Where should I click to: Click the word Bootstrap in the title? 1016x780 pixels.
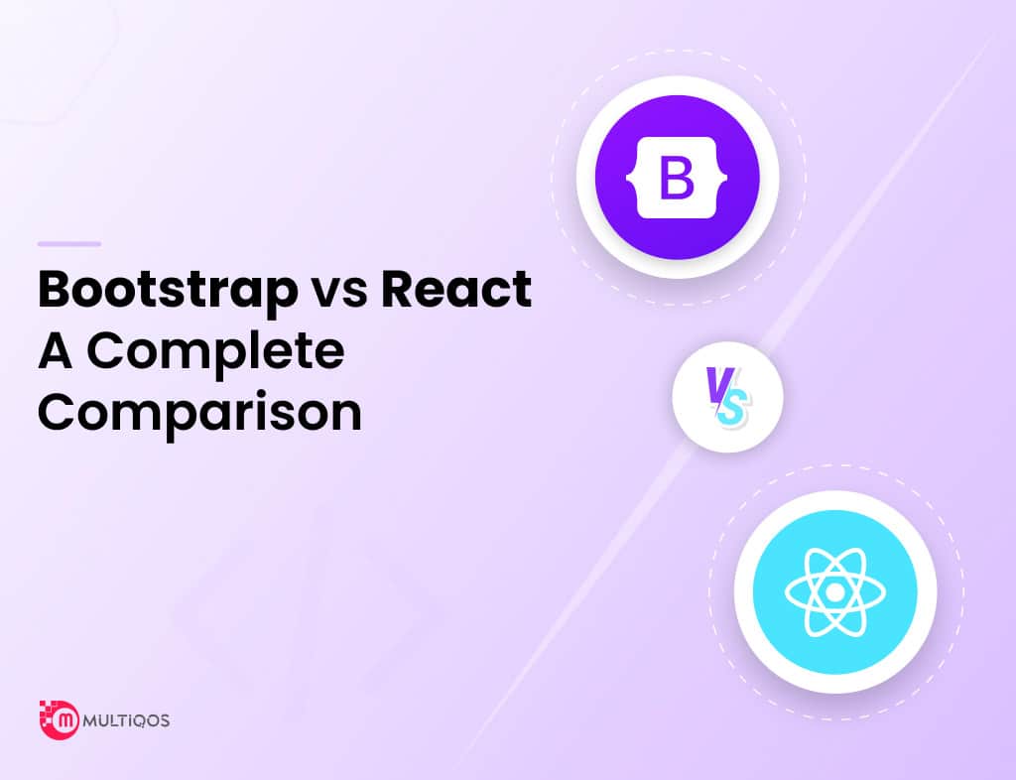168,291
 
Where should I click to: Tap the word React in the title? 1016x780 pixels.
456,289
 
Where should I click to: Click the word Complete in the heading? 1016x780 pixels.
215,353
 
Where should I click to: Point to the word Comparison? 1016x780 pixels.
199,415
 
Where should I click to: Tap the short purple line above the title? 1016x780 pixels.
69,243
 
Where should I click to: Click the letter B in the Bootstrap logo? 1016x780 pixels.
677,177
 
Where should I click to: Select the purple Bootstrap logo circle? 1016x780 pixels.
677,177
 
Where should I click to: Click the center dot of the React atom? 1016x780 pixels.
835,592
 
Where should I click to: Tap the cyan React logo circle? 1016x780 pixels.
835,592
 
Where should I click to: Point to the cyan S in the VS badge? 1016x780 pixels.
733,408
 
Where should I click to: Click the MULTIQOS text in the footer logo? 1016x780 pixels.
126,721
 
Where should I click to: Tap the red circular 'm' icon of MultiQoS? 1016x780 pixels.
64,721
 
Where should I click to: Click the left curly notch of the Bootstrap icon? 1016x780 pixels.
630,177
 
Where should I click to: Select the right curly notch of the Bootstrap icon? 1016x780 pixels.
722,177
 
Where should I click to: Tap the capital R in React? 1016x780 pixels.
397,289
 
